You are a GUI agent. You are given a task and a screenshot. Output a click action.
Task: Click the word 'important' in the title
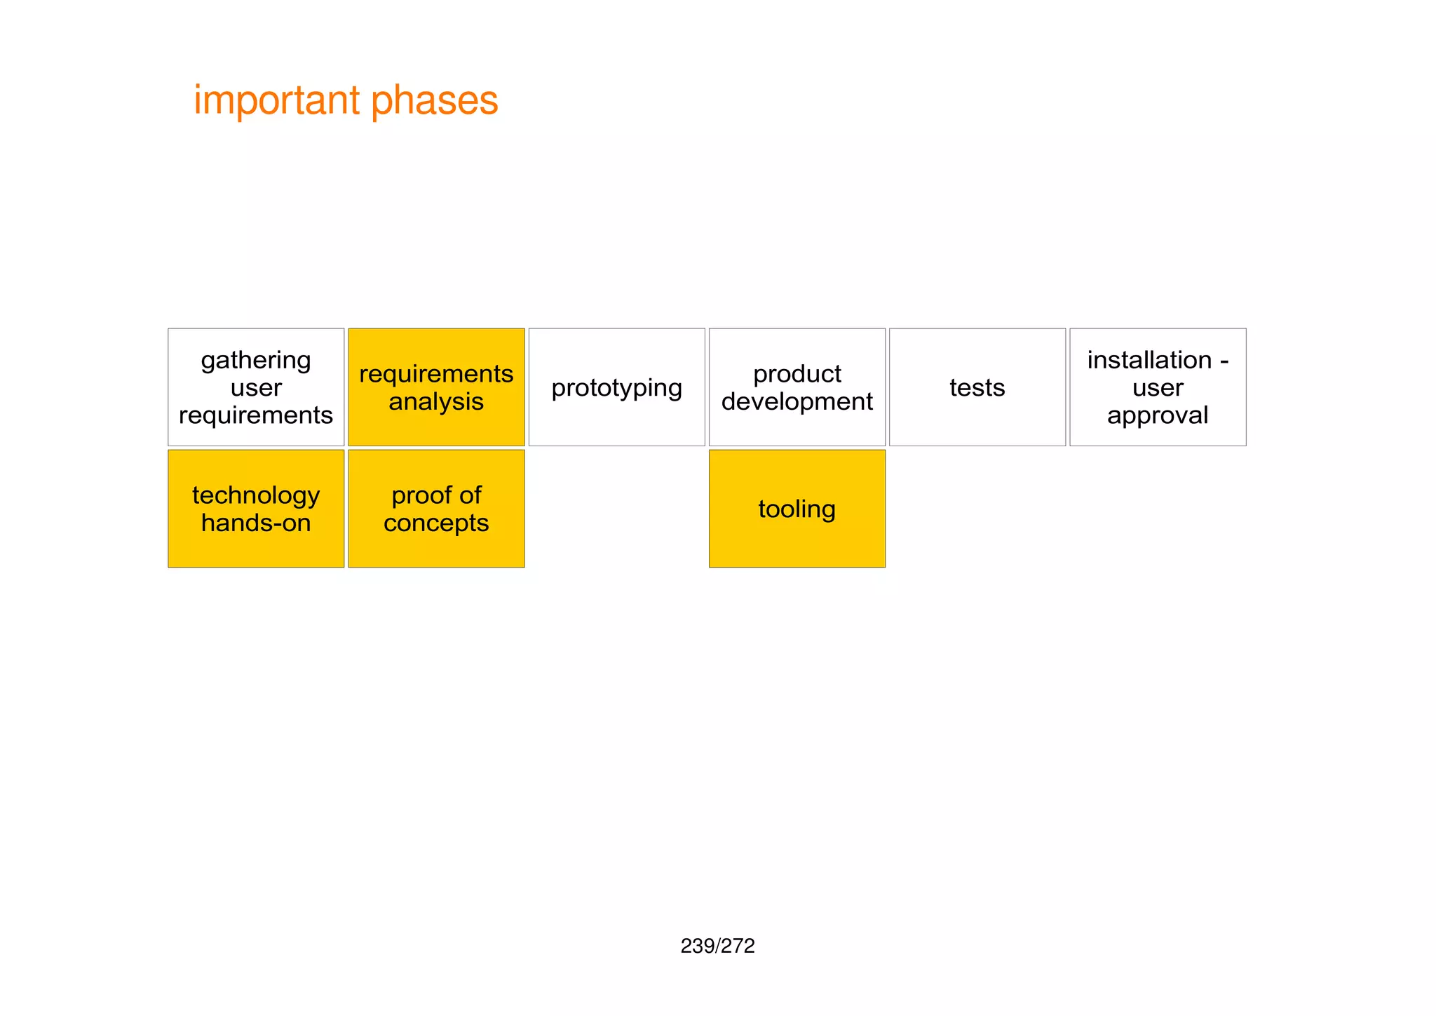click(276, 100)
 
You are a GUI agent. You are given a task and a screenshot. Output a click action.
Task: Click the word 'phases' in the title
click(434, 100)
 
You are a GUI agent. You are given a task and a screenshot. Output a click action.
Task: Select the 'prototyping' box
click(616, 387)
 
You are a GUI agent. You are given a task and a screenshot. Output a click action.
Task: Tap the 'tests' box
click(977, 387)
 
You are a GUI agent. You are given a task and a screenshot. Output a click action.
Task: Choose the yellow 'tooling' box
click(797, 509)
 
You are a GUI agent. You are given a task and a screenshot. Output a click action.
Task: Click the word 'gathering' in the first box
click(256, 360)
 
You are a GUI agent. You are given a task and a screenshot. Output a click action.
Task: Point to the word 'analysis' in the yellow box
click(436, 401)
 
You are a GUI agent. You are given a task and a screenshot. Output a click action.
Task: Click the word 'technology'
click(256, 495)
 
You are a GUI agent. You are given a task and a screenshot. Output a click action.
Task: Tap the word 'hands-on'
click(256, 523)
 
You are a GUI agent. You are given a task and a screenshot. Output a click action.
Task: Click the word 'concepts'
click(436, 523)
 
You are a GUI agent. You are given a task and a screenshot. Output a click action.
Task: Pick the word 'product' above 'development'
click(797, 374)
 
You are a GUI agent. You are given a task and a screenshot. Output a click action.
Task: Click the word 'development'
click(797, 401)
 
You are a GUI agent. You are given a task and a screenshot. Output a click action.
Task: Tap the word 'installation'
click(1149, 360)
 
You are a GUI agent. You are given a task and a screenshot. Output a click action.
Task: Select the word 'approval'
click(1158, 415)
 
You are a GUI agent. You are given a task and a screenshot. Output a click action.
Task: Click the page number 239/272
click(717, 946)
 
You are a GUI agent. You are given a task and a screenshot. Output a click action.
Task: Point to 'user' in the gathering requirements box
click(256, 388)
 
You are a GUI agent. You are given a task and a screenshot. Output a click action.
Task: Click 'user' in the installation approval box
click(1158, 388)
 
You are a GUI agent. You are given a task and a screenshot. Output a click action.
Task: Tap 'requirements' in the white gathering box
click(256, 415)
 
